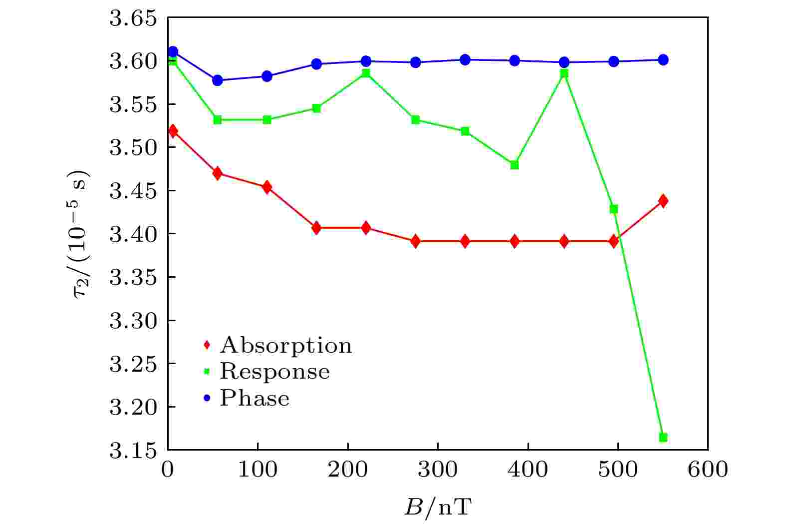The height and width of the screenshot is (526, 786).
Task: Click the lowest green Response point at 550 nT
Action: point(663,437)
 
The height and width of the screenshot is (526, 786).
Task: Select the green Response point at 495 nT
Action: point(614,209)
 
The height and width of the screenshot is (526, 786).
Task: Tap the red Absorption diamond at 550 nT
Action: point(663,201)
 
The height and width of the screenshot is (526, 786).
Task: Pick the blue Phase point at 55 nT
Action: point(218,80)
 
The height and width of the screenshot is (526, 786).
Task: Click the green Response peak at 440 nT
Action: point(564,73)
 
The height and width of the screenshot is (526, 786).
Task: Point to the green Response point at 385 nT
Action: point(515,165)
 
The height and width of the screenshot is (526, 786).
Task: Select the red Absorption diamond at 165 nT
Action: point(316,228)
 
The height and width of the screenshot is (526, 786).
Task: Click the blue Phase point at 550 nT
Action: point(663,60)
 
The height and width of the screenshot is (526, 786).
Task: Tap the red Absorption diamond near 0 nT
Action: point(173,131)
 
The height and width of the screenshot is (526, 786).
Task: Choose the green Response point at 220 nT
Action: point(366,73)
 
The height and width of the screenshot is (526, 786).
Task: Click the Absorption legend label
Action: point(285,345)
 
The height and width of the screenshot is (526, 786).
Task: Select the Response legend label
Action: point(274,372)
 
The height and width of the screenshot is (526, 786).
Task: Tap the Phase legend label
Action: point(255,398)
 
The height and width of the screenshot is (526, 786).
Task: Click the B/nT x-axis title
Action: point(438,508)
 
